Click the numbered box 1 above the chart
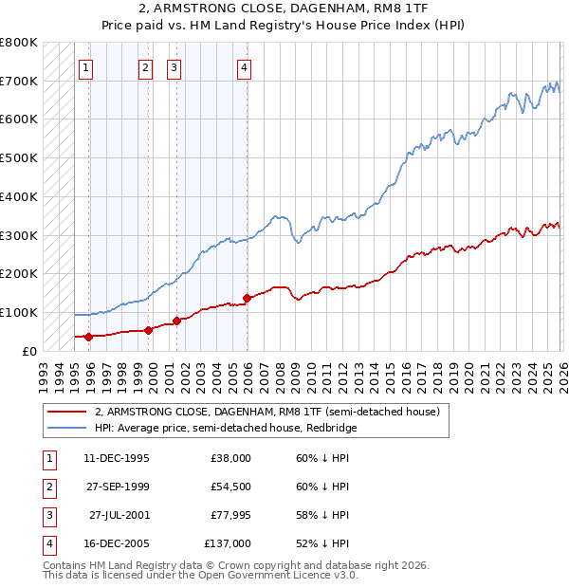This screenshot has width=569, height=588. tap(86, 67)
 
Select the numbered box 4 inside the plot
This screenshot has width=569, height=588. tap(245, 67)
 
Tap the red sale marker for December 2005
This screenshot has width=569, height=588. tap(247, 298)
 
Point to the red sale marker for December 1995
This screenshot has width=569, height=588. tap(89, 336)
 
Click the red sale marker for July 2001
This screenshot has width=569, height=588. tap(177, 321)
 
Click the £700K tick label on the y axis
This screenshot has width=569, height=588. tap(19, 81)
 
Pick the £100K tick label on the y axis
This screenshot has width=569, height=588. tap(19, 312)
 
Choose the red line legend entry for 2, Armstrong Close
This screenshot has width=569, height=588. tap(266, 413)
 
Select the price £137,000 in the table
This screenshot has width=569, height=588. tap(228, 543)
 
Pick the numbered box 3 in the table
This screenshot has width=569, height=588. tap(46, 515)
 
